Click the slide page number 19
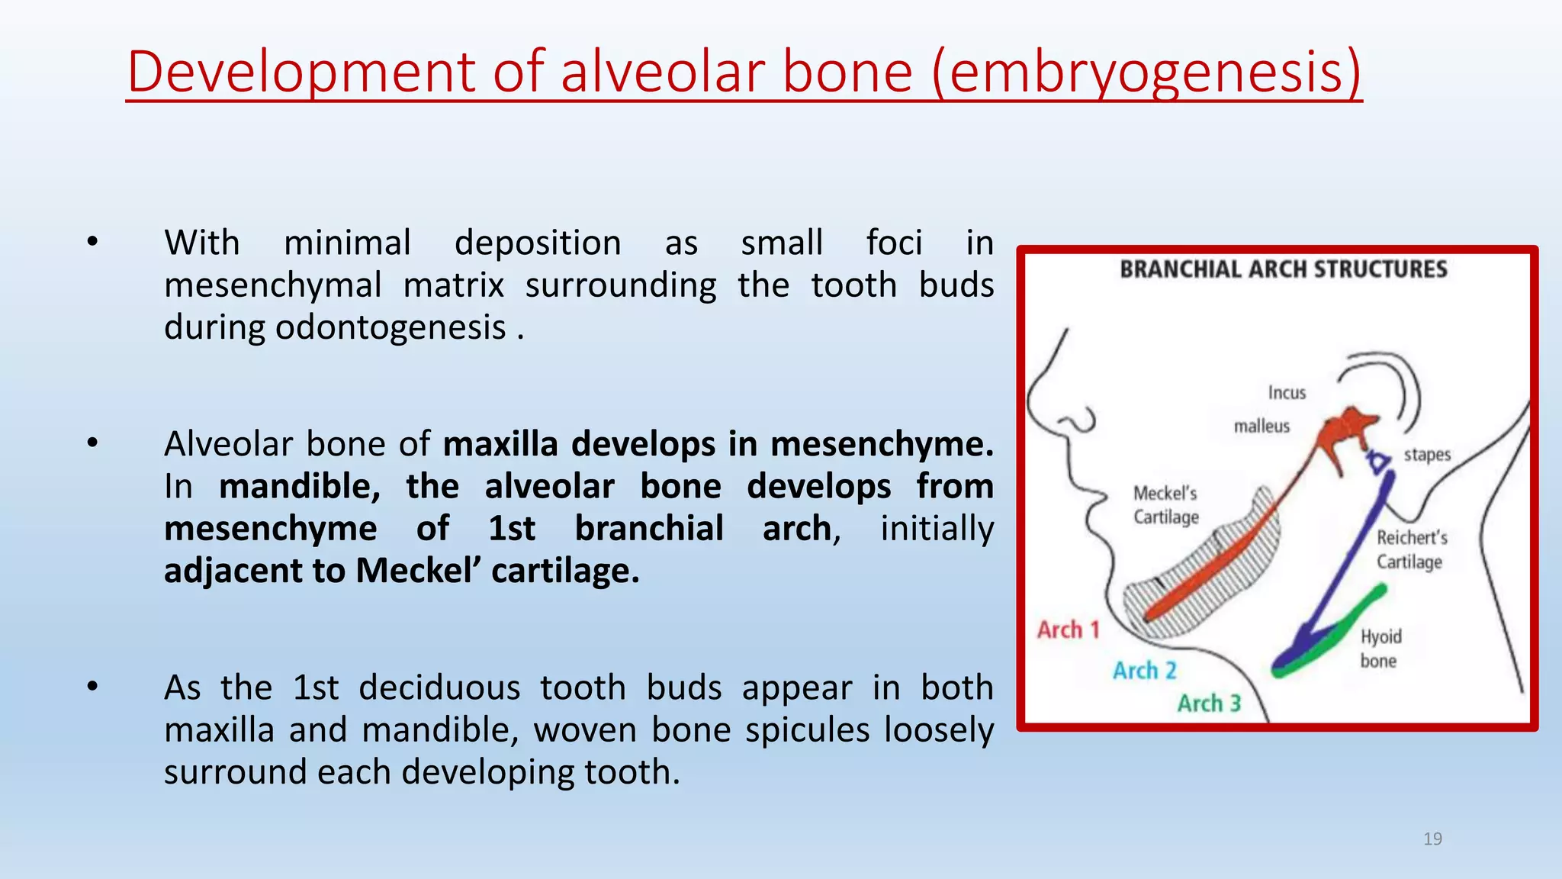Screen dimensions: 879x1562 [x=1432, y=839]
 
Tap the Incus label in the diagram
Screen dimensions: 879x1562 [x=1287, y=392]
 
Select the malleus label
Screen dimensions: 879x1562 [x=1261, y=426]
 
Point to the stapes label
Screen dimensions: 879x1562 [x=1427, y=455]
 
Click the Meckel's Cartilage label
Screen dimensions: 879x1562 [x=1165, y=504]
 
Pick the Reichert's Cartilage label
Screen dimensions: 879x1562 [x=1411, y=549]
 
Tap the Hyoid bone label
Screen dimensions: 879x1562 [x=1380, y=648]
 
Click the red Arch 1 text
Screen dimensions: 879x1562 [x=1068, y=629]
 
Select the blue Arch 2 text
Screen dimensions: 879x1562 [x=1144, y=670]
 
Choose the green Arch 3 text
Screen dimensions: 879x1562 [x=1209, y=703]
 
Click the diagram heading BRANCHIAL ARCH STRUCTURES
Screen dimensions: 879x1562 [x=1283, y=269]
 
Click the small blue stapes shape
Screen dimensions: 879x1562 [x=1378, y=462]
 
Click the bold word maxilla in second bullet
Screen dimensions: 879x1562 [x=500, y=443]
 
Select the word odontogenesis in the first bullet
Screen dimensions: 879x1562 [x=390, y=327]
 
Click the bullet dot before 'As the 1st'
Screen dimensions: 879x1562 [x=92, y=687]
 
